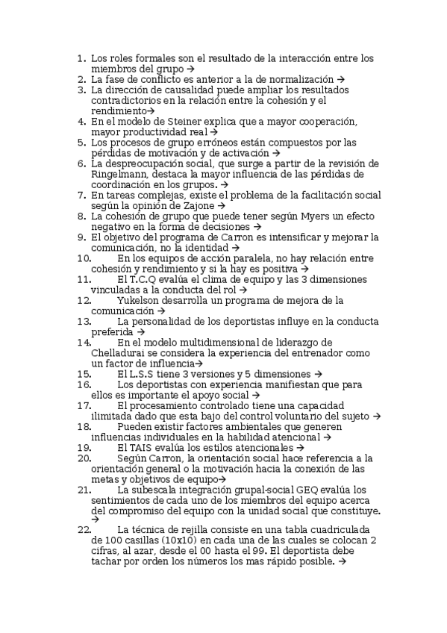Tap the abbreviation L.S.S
coord(145,373)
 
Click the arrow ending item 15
coord(318,374)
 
